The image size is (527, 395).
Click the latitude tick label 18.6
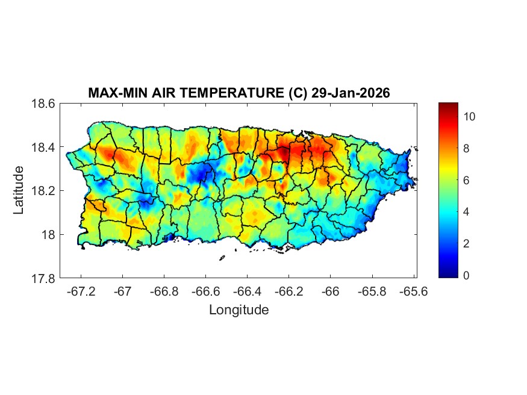pos(43,104)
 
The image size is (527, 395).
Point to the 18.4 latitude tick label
pos(43,148)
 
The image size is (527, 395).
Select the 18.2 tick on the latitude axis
pos(43,191)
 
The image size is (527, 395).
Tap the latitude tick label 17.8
pos(43,279)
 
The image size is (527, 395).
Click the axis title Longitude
pos(239,310)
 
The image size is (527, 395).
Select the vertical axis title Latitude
pos(19,191)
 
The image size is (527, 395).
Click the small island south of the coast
pos(222,258)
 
